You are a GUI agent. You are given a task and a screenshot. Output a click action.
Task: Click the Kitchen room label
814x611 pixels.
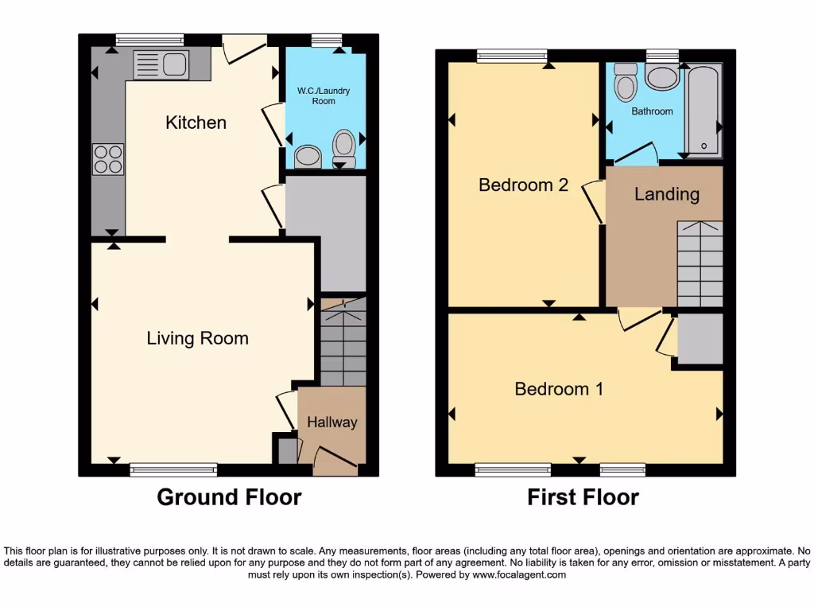pos(196,123)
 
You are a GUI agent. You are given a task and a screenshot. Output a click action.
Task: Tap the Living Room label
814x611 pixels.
pos(197,338)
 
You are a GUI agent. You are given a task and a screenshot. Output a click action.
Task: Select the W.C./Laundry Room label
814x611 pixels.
pos(324,96)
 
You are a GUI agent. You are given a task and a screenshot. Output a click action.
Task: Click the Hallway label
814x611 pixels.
pos(332,422)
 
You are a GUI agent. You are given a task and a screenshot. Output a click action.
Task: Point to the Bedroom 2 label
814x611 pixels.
pos(523,185)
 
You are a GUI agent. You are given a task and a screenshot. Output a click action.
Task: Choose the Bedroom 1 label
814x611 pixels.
pos(559,389)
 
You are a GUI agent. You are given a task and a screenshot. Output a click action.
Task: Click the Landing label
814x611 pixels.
pos(666,194)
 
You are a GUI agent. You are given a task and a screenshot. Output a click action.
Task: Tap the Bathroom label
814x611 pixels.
pos(652,111)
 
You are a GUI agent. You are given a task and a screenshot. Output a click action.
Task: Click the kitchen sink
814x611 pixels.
pos(161,65)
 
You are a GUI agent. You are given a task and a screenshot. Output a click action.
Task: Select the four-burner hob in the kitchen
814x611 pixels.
pos(108,158)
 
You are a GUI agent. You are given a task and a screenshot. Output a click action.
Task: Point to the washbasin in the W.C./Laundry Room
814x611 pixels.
pos(307,157)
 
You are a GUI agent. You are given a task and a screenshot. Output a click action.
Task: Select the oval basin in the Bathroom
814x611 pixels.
pos(661,77)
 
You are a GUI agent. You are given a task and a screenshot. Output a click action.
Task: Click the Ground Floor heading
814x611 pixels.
pos(229,497)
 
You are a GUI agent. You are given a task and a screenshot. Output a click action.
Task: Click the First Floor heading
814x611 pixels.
pos(583,497)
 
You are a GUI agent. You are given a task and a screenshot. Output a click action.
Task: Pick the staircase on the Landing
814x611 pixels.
pos(700,263)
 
